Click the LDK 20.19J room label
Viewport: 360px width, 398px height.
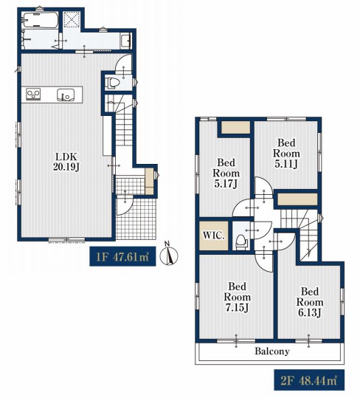pyautogui.click(x=66, y=162)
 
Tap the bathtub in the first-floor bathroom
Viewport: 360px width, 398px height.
pyautogui.click(x=41, y=21)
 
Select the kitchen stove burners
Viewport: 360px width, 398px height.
pyautogui.click(x=33, y=95)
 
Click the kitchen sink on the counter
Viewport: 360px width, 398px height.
pyautogui.click(x=66, y=95)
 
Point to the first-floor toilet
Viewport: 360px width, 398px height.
pyautogui.click(x=113, y=83)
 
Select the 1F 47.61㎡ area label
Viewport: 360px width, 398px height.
pyautogui.click(x=122, y=256)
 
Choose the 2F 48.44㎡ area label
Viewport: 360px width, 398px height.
pyautogui.click(x=309, y=380)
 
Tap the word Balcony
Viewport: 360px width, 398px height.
pyautogui.click(x=272, y=351)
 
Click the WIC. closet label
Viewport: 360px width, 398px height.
pyautogui.click(x=214, y=236)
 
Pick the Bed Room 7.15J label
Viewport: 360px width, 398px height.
pyautogui.click(x=237, y=297)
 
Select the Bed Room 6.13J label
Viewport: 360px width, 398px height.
pyautogui.click(x=310, y=302)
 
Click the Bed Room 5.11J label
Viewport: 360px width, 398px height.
pyautogui.click(x=286, y=154)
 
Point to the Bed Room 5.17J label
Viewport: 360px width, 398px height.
pyautogui.click(x=226, y=173)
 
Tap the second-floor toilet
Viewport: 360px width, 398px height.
pyautogui.click(x=241, y=241)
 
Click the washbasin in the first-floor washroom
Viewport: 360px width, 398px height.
pyautogui.click(x=126, y=41)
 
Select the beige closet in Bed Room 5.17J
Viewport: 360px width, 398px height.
pyautogui.click(x=235, y=127)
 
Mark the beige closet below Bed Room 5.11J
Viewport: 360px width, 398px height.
pyautogui.click(x=297, y=199)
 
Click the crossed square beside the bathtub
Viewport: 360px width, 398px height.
pyautogui.click(x=72, y=18)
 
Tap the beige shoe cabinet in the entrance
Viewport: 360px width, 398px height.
pyautogui.click(x=149, y=182)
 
